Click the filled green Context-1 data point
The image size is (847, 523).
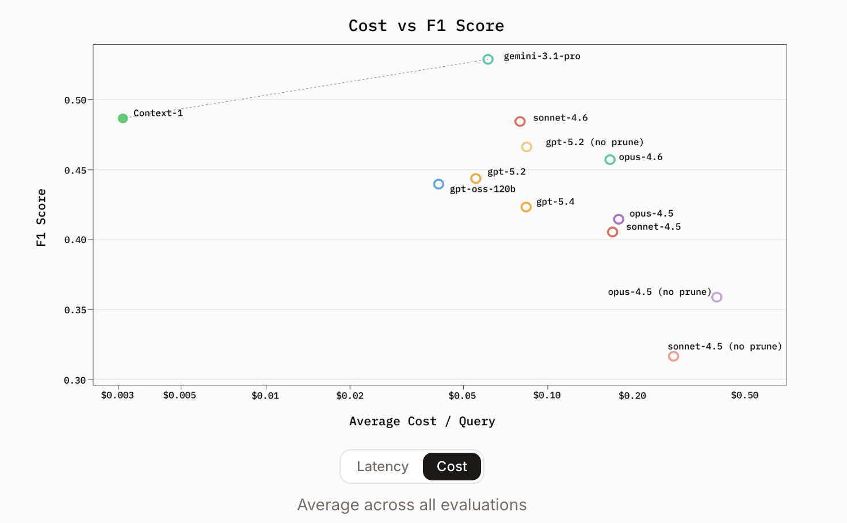coord(123,118)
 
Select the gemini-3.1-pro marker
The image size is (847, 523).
coord(488,59)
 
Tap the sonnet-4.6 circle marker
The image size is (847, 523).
coord(520,122)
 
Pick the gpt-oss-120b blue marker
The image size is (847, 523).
coord(438,184)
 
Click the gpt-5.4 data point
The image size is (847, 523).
coord(526,207)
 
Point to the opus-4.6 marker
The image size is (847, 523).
coord(610,160)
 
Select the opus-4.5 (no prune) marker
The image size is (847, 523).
coord(716,297)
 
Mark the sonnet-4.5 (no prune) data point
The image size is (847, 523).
coord(673,357)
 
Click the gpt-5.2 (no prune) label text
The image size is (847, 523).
coord(594,142)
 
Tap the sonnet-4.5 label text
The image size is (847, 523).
coord(653,227)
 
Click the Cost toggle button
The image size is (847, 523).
coord(452,467)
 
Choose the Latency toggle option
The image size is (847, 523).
coord(383,467)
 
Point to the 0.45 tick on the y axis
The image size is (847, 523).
coord(75,170)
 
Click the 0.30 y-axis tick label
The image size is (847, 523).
coord(75,380)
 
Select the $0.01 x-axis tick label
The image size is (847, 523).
coord(265,396)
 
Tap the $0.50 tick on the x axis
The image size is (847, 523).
coord(745,396)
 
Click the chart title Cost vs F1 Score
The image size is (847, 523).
coord(426,26)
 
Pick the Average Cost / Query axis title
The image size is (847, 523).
coord(422,422)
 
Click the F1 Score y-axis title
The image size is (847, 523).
coord(41,218)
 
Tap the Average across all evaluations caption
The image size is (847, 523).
coord(412,505)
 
